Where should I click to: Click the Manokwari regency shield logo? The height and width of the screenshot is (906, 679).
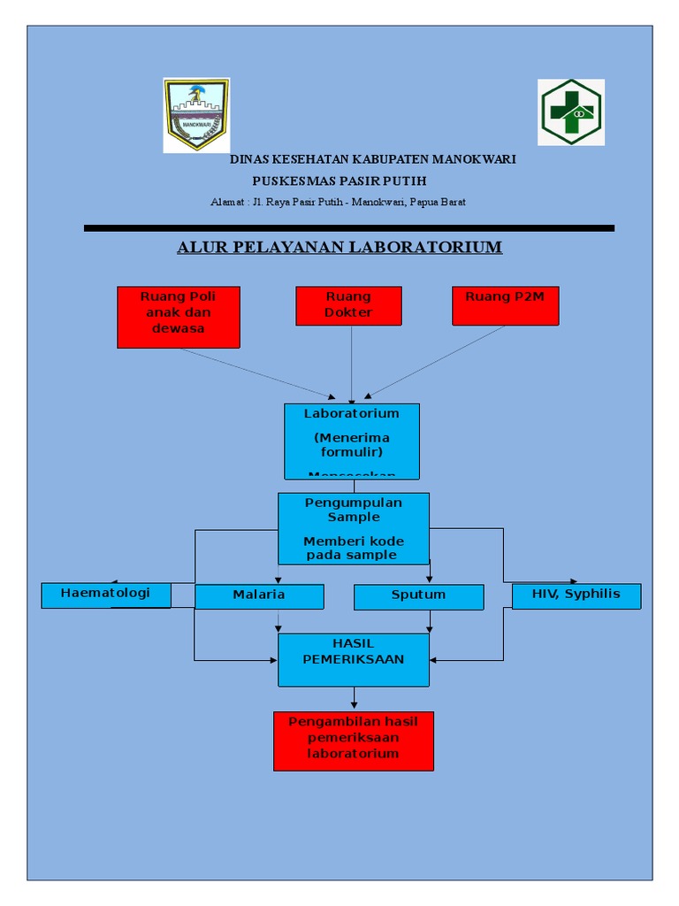tap(195, 114)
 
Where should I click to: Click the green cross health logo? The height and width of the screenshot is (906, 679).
tap(570, 112)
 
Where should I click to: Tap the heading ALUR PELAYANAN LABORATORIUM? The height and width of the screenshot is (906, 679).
tap(339, 247)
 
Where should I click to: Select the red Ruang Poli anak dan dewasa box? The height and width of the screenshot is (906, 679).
tap(178, 317)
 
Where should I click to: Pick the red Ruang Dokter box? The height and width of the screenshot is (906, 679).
tap(348, 305)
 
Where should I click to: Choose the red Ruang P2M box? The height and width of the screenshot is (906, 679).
tap(505, 305)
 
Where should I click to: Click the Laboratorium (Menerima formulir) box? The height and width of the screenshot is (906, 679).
tap(351, 441)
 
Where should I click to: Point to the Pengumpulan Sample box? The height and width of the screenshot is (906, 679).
tap(353, 528)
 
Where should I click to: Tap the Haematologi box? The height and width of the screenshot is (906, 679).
tap(106, 595)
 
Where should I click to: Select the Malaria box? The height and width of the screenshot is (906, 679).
tap(259, 596)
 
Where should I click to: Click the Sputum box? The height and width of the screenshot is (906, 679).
tap(418, 596)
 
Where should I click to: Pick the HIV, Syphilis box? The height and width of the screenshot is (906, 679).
tap(576, 595)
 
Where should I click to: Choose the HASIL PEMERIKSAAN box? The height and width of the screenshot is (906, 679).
tap(353, 659)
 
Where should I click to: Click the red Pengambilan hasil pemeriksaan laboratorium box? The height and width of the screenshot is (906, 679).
tap(353, 741)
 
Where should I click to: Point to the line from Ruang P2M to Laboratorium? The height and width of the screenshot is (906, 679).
tap(438, 360)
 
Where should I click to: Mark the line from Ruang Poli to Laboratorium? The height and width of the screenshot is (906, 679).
tap(256, 372)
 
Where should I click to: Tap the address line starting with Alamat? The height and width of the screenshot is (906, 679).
tap(338, 202)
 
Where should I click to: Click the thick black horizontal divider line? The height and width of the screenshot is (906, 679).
tap(348, 228)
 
